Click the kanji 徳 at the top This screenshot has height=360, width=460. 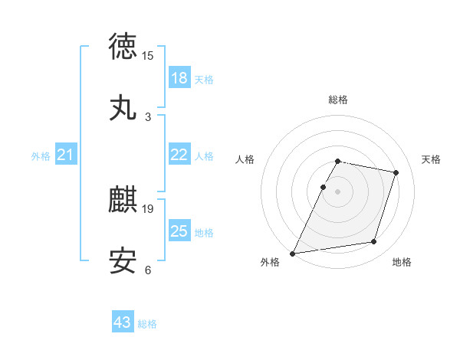(123, 47)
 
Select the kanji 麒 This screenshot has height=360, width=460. (123, 200)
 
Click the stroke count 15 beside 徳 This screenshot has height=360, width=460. (148, 56)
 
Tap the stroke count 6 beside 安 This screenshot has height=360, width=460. (148, 270)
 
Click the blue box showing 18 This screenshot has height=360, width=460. (179, 78)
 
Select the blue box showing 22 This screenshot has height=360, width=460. (179, 155)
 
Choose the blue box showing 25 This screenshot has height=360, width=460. (179, 231)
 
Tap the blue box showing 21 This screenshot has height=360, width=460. (66, 155)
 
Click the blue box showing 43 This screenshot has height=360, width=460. (123, 322)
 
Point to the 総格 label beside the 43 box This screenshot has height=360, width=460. (147, 324)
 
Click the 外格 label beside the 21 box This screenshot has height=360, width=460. (41, 156)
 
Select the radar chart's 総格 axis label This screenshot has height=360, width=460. (337, 100)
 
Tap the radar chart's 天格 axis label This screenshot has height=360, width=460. (432, 159)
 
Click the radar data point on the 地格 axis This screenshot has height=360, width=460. (374, 242)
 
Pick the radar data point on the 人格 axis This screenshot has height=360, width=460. (323, 187)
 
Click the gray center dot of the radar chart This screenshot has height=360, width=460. (337, 191)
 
